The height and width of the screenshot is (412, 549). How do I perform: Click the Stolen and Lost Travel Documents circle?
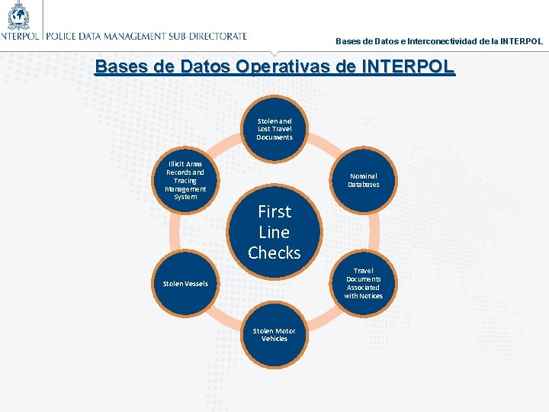point(274,129)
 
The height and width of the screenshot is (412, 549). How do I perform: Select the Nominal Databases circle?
point(363,180)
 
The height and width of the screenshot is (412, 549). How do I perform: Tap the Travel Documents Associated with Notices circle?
point(363,283)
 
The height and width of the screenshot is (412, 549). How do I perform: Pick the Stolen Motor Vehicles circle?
point(274,335)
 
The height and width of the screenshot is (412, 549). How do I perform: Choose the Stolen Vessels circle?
point(185,284)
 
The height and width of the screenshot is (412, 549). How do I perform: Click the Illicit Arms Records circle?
point(185,180)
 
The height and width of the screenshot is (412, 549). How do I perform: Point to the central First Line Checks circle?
point(274,231)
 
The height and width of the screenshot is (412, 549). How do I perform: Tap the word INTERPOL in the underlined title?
point(407,66)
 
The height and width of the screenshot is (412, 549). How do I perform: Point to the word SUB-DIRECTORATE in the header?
point(209,35)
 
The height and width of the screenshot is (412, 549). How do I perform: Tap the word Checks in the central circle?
point(274,253)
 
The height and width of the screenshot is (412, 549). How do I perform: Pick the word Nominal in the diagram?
point(363,176)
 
